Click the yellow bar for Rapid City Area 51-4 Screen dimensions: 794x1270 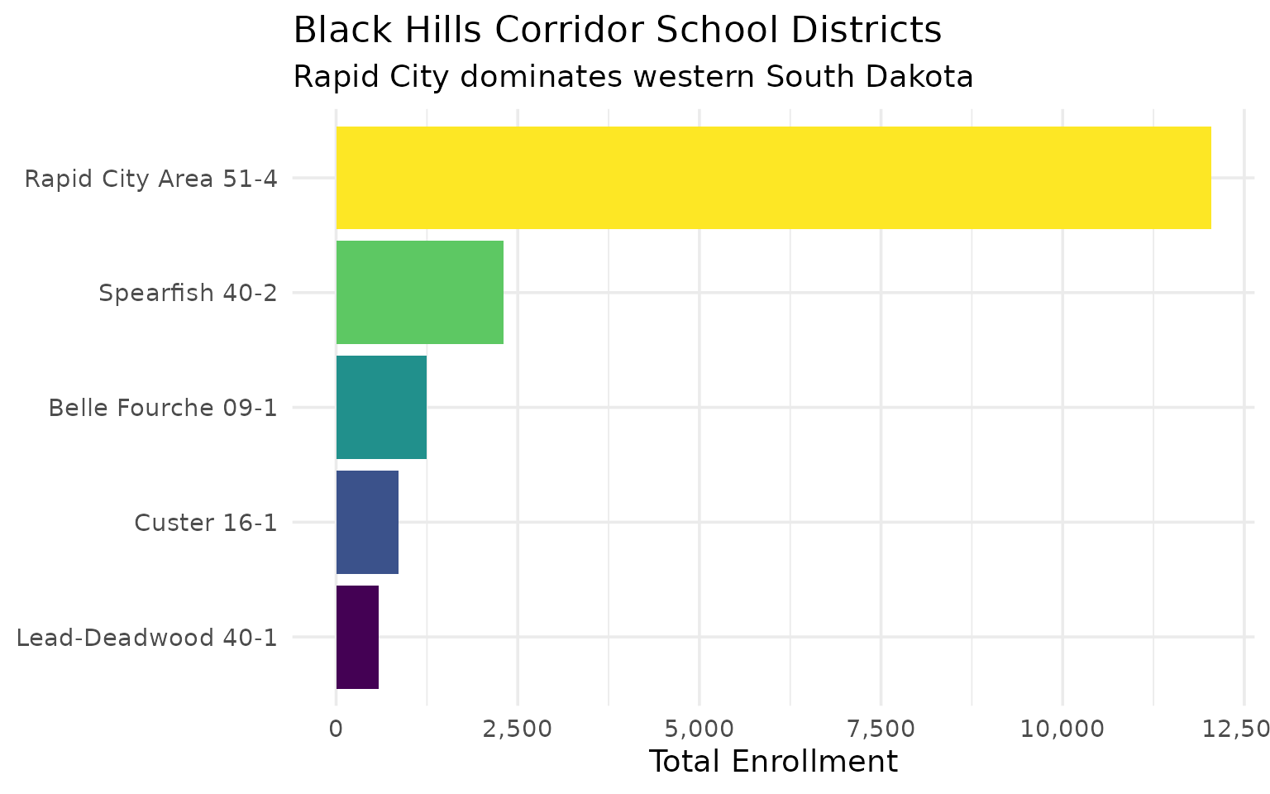(x=773, y=178)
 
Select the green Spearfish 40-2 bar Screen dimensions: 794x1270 (x=419, y=292)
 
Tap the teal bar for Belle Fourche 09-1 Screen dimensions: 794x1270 (x=381, y=407)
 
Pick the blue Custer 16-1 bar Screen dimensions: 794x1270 (x=367, y=522)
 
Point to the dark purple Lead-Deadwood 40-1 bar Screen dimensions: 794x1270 (x=357, y=637)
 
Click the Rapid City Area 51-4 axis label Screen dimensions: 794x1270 (x=150, y=179)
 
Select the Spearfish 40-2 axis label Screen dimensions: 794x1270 (x=188, y=293)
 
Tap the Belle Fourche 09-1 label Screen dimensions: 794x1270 (x=162, y=408)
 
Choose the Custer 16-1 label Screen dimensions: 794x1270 (x=205, y=523)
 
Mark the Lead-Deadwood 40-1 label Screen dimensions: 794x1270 (x=146, y=638)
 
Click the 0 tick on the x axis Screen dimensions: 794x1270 (x=336, y=729)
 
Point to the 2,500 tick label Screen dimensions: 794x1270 (x=518, y=729)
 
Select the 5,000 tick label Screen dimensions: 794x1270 (x=699, y=729)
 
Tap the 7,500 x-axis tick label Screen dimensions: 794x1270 (x=881, y=729)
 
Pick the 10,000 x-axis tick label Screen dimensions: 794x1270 (x=1062, y=729)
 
